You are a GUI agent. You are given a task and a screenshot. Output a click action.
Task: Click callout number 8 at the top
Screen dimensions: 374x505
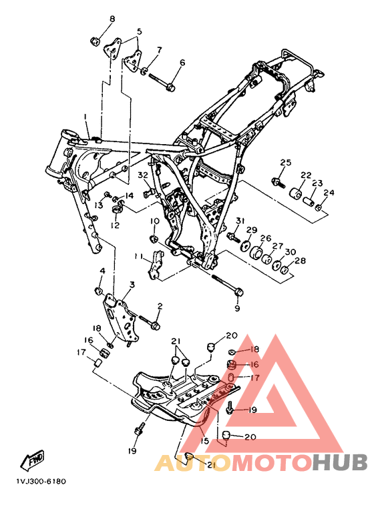112,19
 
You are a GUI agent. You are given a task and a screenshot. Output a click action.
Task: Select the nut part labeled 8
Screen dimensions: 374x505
94,41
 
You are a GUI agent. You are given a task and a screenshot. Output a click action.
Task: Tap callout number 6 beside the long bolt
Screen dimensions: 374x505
182,62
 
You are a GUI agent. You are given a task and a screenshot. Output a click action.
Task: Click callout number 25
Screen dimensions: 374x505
285,162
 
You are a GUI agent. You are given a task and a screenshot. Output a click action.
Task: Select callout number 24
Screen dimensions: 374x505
329,193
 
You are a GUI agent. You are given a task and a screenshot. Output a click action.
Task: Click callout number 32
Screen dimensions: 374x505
143,175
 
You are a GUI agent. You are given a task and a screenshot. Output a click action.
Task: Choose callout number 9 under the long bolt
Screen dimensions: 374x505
237,309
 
